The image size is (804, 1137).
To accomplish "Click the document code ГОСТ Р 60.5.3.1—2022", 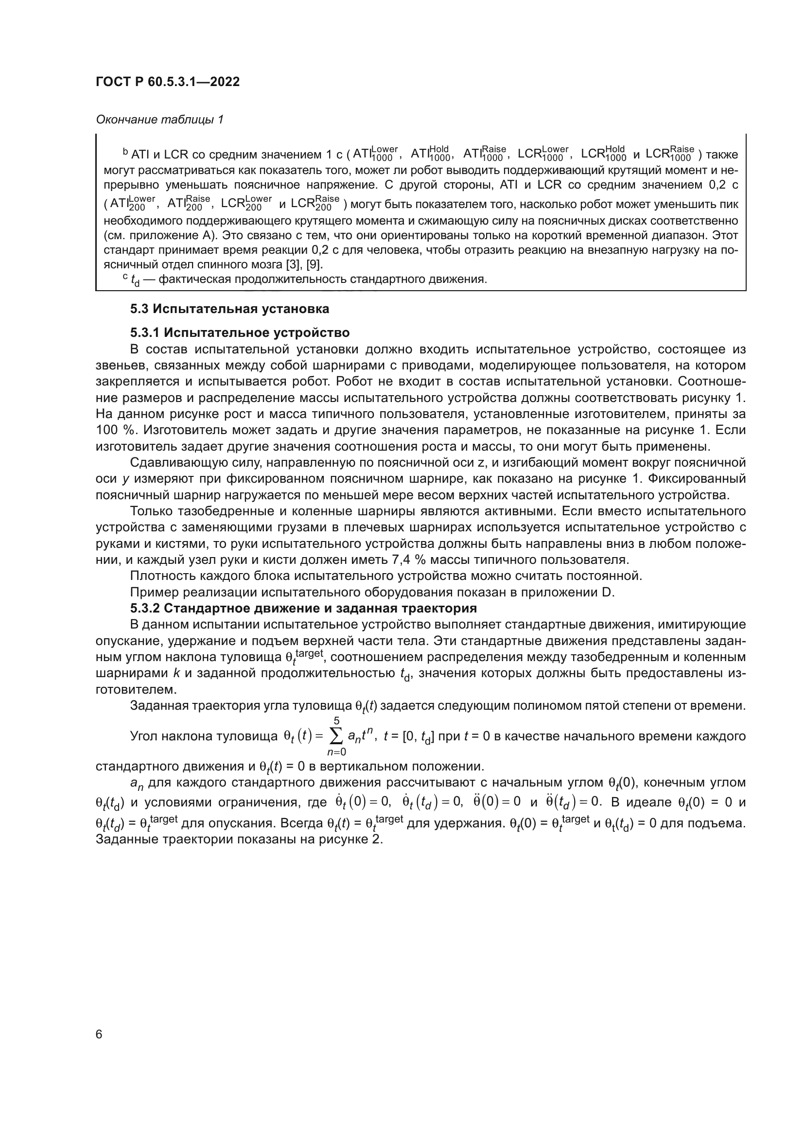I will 168,82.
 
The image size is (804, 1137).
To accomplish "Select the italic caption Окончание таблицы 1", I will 159,120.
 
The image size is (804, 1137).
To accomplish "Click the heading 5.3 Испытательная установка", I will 230,309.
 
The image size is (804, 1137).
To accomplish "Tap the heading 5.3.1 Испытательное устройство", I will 240,332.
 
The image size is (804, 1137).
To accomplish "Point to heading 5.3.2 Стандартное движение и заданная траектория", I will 303,608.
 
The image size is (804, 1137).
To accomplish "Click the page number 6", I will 99,1034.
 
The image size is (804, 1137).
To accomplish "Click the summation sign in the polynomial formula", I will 336,736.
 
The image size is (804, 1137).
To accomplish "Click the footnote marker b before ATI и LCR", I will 125,152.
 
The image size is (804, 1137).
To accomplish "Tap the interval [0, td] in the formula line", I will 419,737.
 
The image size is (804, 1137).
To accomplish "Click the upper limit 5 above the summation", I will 337,721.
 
